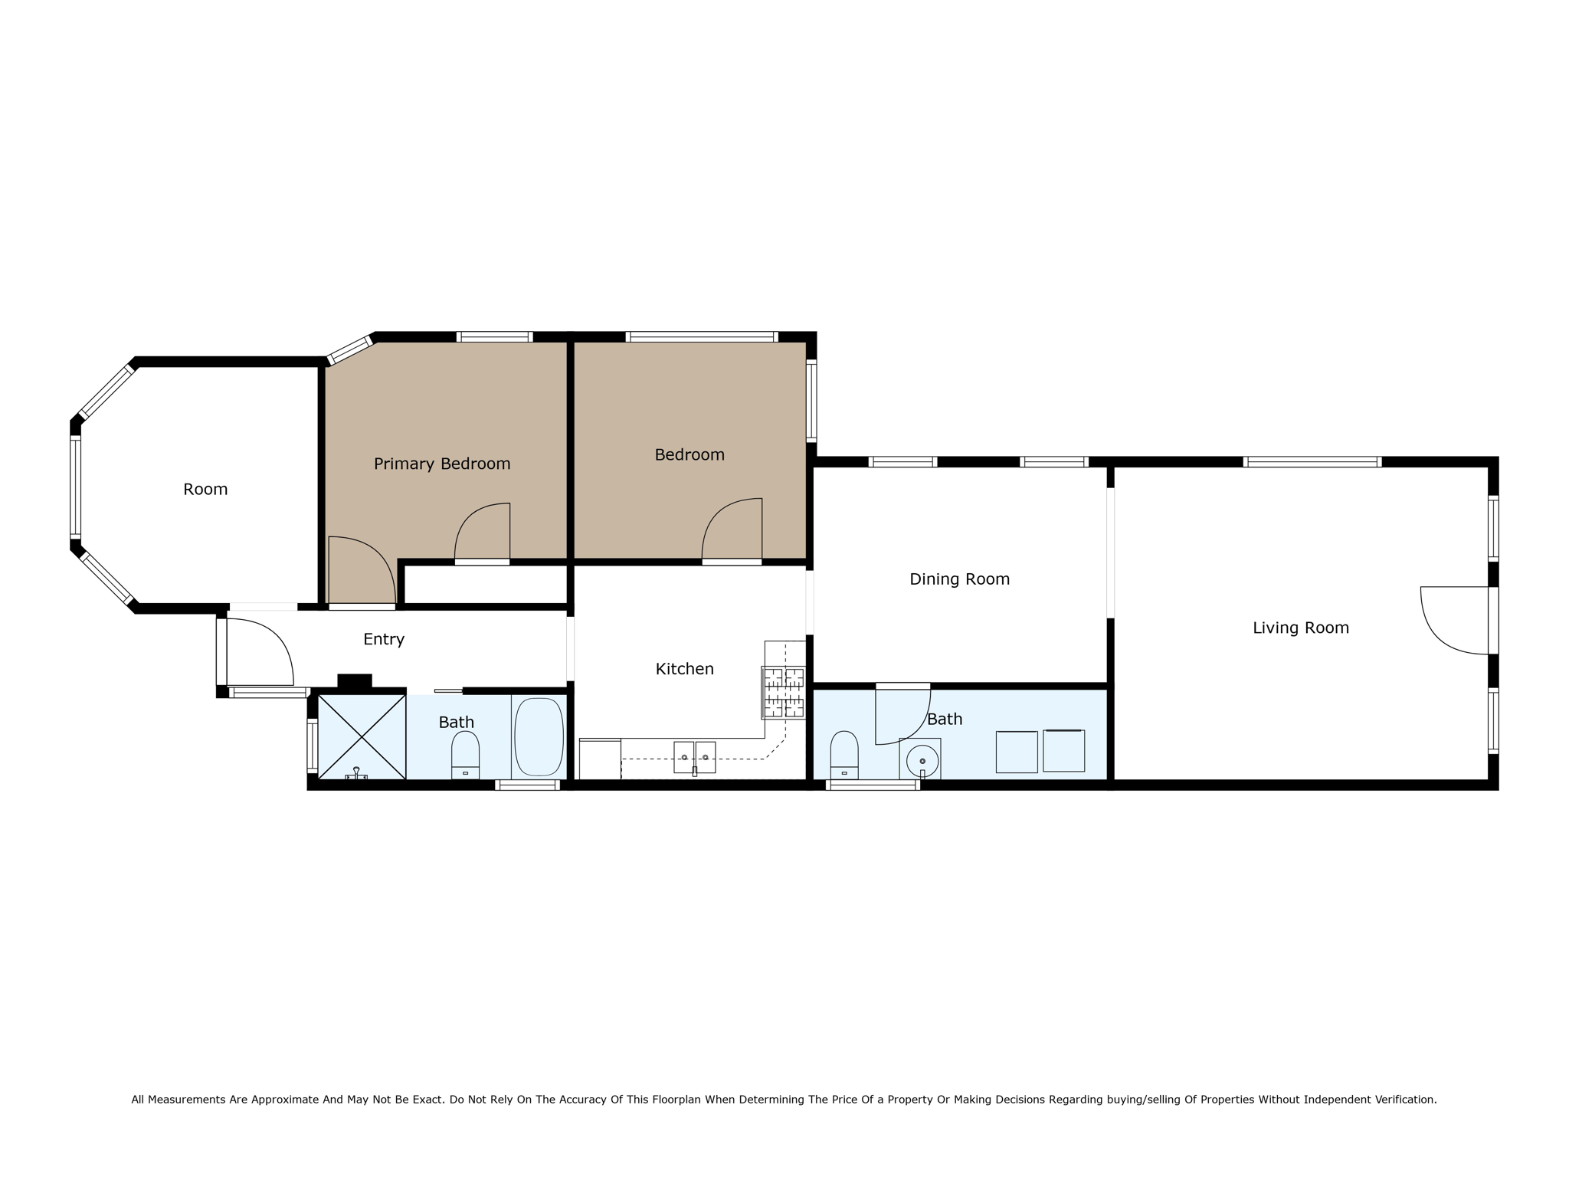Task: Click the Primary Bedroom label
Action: [442, 464]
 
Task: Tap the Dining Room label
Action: [959, 579]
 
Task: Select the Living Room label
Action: [1300, 628]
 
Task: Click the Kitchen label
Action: [684, 669]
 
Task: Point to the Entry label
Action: [383, 639]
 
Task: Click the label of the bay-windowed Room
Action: [205, 489]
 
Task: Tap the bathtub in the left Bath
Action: [539, 736]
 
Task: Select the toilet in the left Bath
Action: [465, 754]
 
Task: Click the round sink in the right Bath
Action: [922, 761]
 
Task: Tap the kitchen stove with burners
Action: [783, 693]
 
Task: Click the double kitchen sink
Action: [694, 757]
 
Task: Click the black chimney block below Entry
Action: [355, 680]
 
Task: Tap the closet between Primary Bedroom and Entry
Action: [485, 585]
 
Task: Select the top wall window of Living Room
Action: [1312, 461]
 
